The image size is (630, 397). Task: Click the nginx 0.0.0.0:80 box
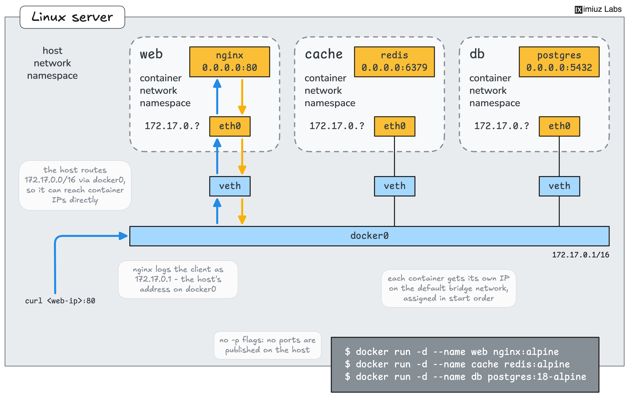(x=230, y=62)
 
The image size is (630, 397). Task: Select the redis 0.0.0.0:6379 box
(x=394, y=62)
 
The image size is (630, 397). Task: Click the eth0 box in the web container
(x=230, y=126)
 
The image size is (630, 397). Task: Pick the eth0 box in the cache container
(x=394, y=126)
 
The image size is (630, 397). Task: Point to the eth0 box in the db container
(x=559, y=126)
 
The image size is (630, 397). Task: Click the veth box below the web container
(x=230, y=186)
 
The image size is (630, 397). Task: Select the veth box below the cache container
(x=394, y=186)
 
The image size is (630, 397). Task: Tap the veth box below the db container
(x=559, y=186)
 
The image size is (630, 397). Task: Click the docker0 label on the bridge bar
(x=369, y=236)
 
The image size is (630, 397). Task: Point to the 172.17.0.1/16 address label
(x=581, y=255)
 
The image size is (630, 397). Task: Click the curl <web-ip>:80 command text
(x=60, y=301)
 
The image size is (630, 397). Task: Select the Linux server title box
(x=72, y=17)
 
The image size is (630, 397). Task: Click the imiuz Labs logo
(x=598, y=9)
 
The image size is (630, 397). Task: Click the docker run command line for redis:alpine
(x=457, y=364)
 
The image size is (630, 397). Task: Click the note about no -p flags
(x=267, y=345)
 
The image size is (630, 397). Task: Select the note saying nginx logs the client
(x=178, y=279)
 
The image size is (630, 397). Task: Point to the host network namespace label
(x=52, y=63)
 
